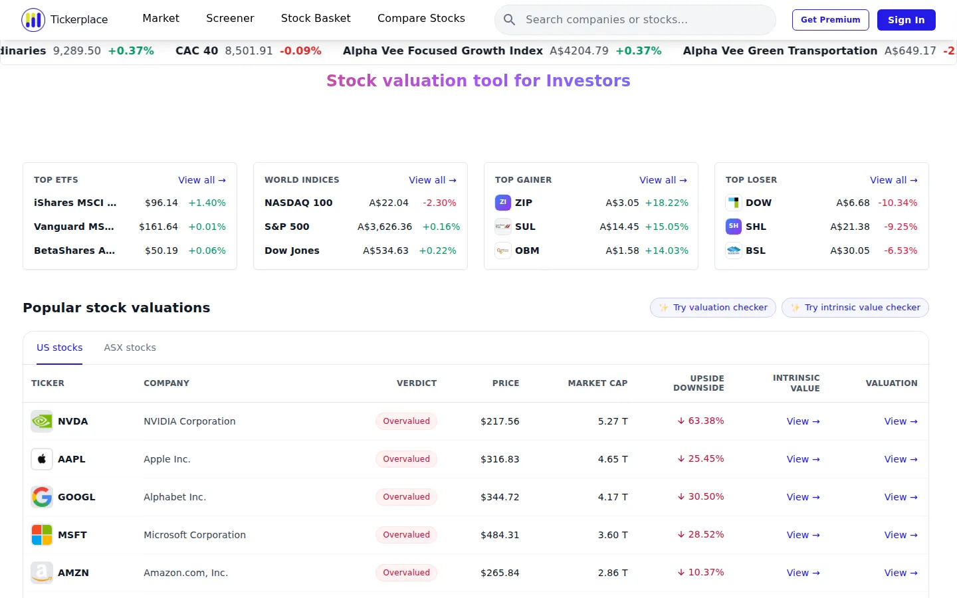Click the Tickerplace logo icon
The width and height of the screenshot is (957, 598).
coord(33,20)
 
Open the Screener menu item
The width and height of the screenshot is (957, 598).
coord(230,19)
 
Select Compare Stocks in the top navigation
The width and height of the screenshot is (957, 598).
coord(421,19)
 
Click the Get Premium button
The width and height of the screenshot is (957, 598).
coord(830,20)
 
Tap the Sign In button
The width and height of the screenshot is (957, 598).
coord(906,20)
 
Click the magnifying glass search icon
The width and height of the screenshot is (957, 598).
coord(509,20)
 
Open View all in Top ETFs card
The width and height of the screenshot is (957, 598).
coord(201,180)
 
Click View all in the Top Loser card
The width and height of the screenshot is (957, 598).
coord(894,180)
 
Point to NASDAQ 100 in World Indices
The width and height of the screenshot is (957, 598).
coord(298,203)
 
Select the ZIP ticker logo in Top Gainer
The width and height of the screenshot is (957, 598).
coord(503,203)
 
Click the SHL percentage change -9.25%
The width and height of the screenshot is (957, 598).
coord(901,227)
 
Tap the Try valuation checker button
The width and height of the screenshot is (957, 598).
coord(712,308)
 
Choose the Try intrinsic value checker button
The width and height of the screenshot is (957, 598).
coord(855,308)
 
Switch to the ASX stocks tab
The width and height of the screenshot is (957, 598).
coord(130,348)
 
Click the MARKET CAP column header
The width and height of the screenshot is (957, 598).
coord(597,383)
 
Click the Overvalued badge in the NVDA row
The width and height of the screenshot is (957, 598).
coord(406,421)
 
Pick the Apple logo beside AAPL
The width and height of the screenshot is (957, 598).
coord(42,459)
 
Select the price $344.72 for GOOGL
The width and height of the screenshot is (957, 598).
coord(500,497)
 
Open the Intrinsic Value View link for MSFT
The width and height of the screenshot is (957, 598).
coord(803,536)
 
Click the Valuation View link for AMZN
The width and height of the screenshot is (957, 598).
coord(901,573)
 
